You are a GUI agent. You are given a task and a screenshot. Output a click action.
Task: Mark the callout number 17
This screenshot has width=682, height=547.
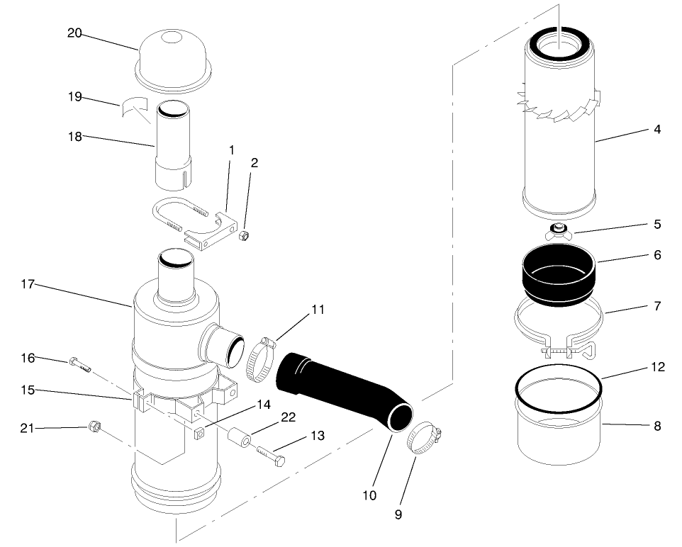(28, 284)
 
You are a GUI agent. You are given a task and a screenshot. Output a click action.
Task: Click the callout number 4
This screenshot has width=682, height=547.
(657, 130)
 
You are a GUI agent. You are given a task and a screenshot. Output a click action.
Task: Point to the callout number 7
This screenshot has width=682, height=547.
(656, 306)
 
